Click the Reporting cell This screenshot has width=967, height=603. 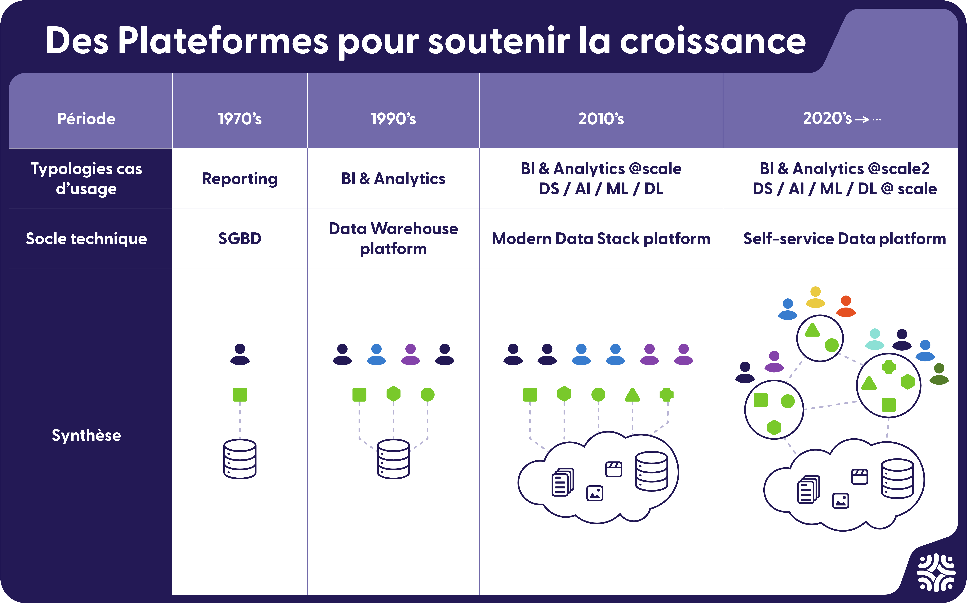(x=240, y=179)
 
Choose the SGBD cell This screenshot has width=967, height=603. (x=240, y=238)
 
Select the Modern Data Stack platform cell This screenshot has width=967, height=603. (x=601, y=238)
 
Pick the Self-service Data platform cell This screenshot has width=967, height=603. (x=844, y=238)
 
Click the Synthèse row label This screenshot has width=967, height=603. (x=86, y=435)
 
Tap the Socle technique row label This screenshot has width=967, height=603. (x=86, y=238)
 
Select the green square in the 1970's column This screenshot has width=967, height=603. (x=240, y=394)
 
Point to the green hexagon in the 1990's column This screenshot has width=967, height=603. (x=393, y=394)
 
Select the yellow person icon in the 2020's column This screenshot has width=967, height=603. (x=815, y=297)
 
